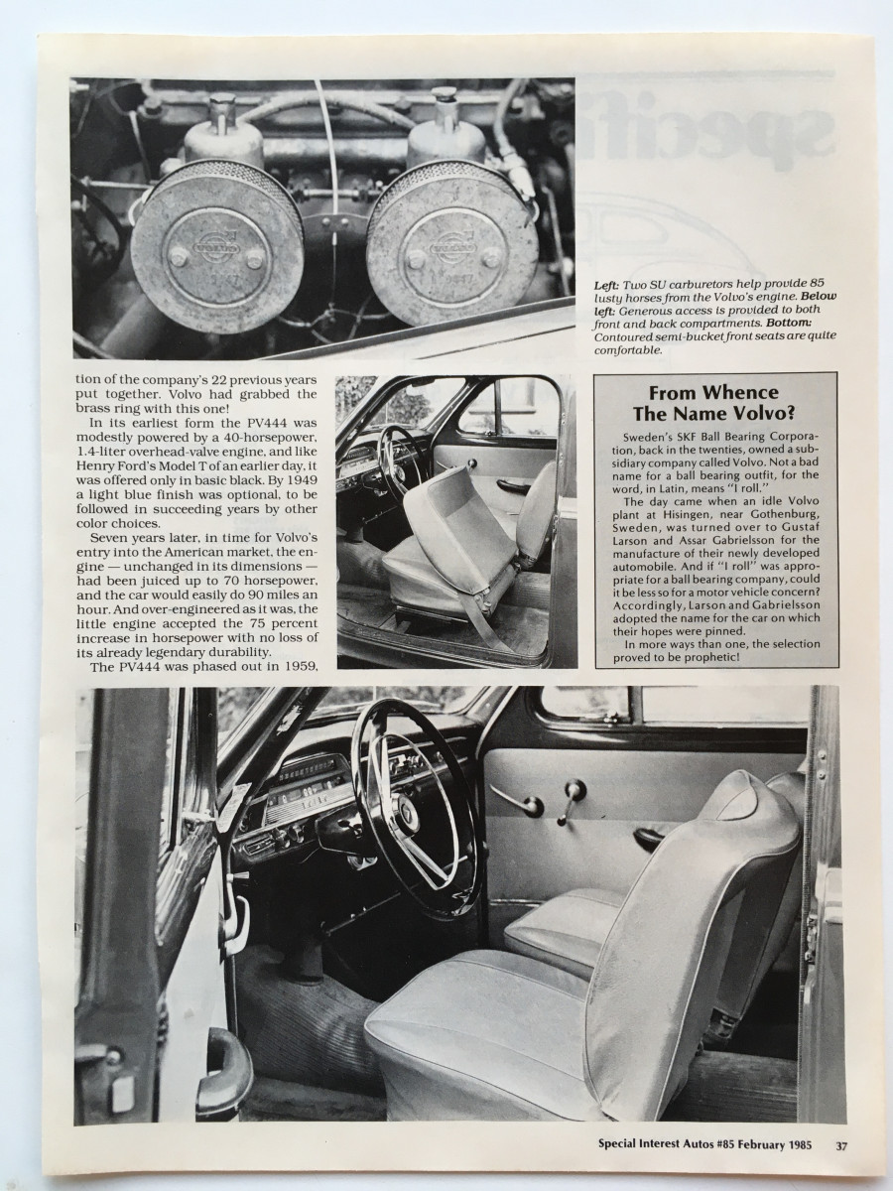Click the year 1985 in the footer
pos(794,1144)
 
